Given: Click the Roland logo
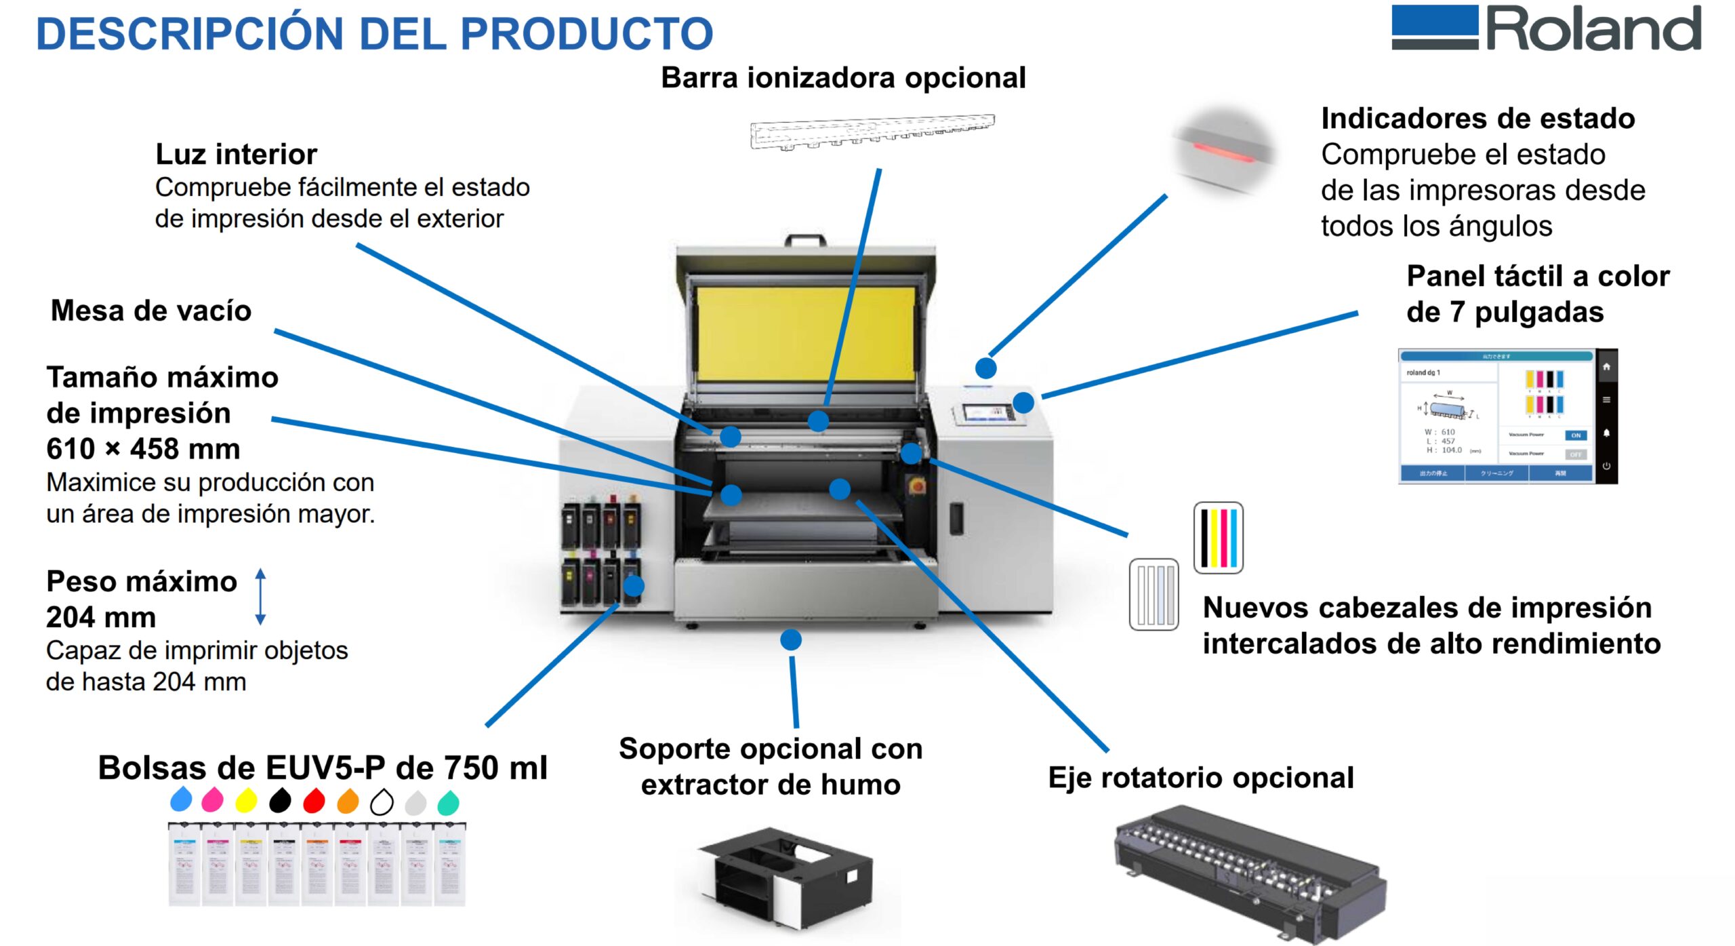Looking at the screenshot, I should click(x=1545, y=28).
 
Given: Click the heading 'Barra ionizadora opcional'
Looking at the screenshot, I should click(x=842, y=78).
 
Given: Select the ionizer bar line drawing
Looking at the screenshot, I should click(x=872, y=132).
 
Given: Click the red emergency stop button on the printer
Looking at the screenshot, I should click(x=917, y=486).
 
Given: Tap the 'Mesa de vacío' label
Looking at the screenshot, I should click(x=151, y=311).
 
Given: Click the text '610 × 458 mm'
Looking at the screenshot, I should click(x=143, y=449).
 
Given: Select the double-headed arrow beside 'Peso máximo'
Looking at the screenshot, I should click(x=260, y=597).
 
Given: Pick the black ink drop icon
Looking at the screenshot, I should click(x=280, y=801).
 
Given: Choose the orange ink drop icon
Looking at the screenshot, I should click(x=348, y=801).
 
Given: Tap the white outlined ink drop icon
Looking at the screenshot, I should click(x=382, y=802).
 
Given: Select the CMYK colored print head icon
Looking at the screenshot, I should click(x=1218, y=538).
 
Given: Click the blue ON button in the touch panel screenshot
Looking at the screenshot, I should click(x=1576, y=435).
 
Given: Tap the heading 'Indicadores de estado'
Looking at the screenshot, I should click(x=1477, y=119).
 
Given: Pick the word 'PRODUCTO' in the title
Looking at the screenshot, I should click(x=587, y=34).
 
